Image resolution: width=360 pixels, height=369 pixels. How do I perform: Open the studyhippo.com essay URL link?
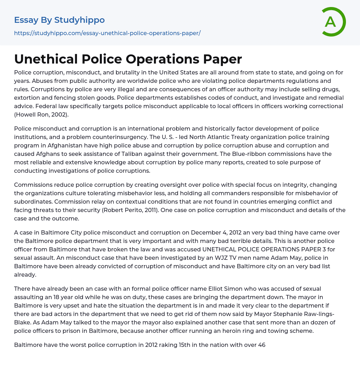(107, 33)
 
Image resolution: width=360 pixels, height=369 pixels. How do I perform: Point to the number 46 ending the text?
(262, 345)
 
